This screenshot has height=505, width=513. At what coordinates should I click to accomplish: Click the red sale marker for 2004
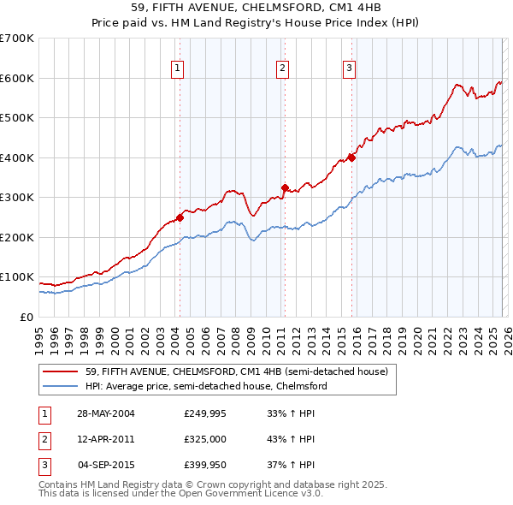[x=180, y=217]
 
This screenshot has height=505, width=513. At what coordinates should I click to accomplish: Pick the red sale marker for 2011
[x=284, y=187]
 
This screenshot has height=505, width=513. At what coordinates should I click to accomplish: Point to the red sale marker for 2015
[x=351, y=157]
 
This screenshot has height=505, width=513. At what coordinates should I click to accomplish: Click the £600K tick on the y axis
[x=17, y=78]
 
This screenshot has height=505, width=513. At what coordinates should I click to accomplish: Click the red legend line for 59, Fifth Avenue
[x=62, y=371]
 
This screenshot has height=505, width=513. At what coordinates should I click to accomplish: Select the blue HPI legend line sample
[x=62, y=386]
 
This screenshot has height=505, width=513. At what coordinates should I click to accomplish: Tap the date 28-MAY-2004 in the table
[x=106, y=413]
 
